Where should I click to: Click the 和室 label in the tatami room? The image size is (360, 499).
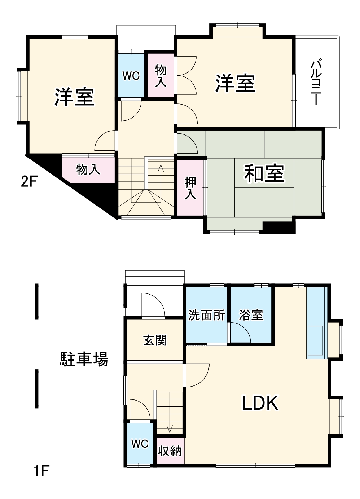click(264, 173)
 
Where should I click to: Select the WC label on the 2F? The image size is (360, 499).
click(131, 76)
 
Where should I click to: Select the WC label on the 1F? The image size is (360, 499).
click(140, 443)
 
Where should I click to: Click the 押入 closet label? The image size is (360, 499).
click(190, 188)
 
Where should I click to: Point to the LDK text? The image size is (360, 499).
click(260, 403)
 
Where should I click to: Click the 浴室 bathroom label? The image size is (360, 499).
click(251, 315)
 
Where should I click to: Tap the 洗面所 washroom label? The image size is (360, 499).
click(206, 315)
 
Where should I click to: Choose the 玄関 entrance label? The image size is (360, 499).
click(155, 340)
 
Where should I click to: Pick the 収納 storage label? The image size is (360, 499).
click(170, 451)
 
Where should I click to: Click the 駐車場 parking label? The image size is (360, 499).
click(84, 359)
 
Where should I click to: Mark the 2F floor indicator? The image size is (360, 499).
click(29, 181)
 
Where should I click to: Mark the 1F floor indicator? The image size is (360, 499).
click(41, 471)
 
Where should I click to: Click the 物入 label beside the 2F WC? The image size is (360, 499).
click(161, 76)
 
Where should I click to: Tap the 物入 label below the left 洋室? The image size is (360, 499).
click(88, 169)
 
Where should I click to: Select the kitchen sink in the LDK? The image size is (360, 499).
click(315, 340)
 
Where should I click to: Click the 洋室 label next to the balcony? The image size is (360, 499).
click(235, 83)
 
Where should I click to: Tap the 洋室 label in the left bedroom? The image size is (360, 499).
click(74, 97)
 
